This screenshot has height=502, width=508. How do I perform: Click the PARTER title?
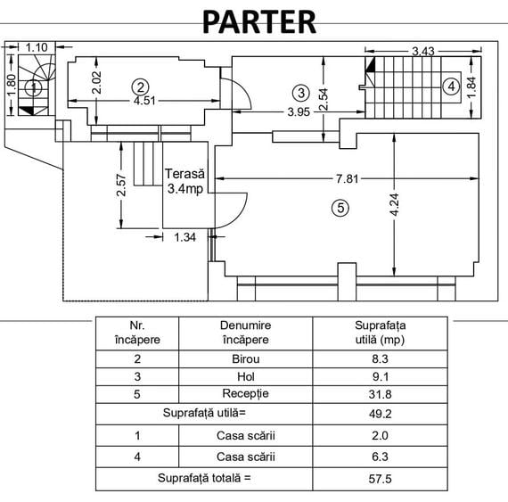tap(259, 21)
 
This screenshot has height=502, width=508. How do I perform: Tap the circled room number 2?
tap(140, 87)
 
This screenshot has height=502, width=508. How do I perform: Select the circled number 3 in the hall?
tap(301, 93)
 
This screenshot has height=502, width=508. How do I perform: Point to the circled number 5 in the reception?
tap(340, 208)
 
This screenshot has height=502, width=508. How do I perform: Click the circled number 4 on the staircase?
tap(451, 86)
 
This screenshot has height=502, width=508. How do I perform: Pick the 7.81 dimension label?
tap(348, 178)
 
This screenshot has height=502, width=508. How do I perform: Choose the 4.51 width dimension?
tap(144, 101)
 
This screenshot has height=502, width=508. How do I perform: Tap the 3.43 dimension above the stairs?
tap(422, 51)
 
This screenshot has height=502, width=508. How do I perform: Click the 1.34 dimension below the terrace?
tap(185, 237)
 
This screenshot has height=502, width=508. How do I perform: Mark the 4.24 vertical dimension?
tap(394, 204)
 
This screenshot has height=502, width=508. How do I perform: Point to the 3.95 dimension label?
tap(299, 111)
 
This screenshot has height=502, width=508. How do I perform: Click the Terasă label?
tap(184, 174)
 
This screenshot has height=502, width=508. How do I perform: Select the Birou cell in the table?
tap(246, 359)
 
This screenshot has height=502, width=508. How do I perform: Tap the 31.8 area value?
tap(380, 394)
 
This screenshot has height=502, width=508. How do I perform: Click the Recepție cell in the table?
tap(246, 394)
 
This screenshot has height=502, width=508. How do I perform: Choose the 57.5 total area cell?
tap(380, 479)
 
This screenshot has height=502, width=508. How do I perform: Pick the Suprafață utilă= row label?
tap(204, 413)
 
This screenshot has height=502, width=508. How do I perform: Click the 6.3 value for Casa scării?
tap(380, 457)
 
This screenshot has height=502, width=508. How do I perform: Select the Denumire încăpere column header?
tap(246, 333)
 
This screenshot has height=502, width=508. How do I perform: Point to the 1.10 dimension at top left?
tap(37, 47)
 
